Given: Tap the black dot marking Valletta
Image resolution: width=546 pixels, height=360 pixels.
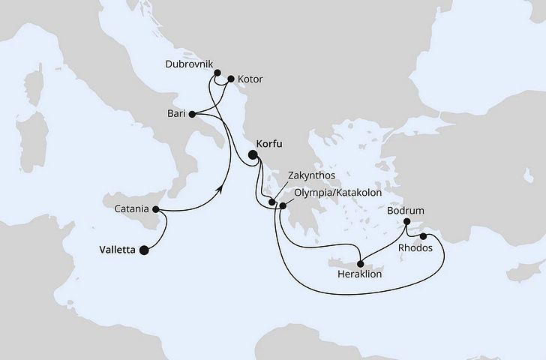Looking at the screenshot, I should pyautogui.click(x=143, y=252).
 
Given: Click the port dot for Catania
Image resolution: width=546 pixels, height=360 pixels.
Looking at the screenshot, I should pyautogui.click(x=156, y=209).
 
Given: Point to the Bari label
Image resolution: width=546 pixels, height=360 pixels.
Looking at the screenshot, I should pyautogui.click(x=176, y=115).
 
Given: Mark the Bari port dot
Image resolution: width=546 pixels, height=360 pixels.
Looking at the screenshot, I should pyautogui.click(x=193, y=115).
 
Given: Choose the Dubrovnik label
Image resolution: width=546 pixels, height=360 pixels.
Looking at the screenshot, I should pyautogui.click(x=187, y=64).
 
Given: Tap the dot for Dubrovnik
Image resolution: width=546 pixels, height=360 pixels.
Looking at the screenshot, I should pyautogui.click(x=217, y=73).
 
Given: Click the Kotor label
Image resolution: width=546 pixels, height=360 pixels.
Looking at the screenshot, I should pyautogui.click(x=250, y=79).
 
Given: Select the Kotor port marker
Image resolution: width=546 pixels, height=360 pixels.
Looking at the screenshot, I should pyautogui.click(x=231, y=79).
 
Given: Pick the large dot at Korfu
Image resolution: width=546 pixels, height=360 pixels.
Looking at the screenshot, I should pyautogui.click(x=253, y=156).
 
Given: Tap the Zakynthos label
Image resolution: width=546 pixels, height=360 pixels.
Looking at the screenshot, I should pyautogui.click(x=310, y=177).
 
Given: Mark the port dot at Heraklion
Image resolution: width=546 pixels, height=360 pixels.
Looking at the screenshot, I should pyautogui.click(x=361, y=263).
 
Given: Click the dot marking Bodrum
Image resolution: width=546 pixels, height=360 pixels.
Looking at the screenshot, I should pyautogui.click(x=406, y=222).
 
